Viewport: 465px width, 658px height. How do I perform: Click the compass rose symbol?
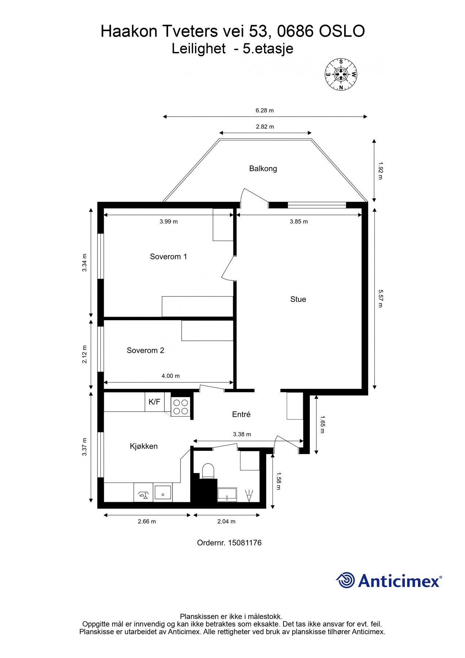(x=341, y=75)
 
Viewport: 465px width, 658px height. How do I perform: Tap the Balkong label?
(x=263, y=169)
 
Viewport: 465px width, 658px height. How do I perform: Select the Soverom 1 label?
(x=168, y=257)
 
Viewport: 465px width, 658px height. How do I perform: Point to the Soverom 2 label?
(x=145, y=350)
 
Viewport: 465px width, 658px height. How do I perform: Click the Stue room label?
(x=298, y=299)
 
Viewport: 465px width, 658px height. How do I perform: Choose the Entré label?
(x=241, y=414)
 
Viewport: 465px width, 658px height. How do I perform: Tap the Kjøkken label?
(x=144, y=446)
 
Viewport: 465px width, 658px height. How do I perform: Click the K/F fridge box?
(x=155, y=402)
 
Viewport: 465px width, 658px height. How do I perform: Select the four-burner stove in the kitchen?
(x=180, y=406)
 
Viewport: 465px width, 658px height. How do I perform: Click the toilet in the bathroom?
(x=208, y=471)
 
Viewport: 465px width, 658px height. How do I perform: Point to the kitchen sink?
(x=163, y=493)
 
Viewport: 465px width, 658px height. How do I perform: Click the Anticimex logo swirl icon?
(x=346, y=580)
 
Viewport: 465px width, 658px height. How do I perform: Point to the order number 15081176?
(x=245, y=543)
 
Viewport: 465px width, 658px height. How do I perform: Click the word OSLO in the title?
(x=342, y=31)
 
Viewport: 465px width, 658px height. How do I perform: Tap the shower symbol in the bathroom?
(x=250, y=495)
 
